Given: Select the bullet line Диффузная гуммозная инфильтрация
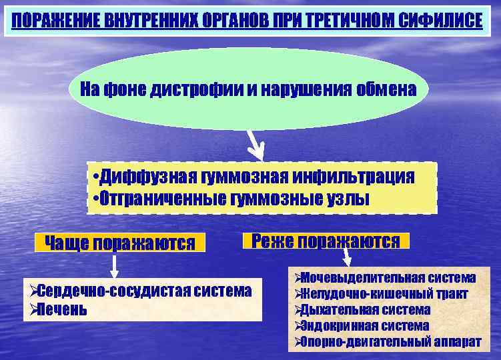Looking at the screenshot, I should pos(254,177).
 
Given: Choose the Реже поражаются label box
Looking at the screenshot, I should pos(326,241).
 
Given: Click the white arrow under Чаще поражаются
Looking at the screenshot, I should pos(114,265).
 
